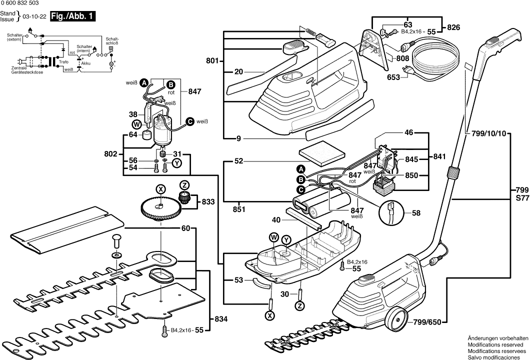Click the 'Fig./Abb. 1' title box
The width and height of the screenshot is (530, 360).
click(x=72, y=16)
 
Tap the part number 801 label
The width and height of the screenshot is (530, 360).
click(x=212, y=61)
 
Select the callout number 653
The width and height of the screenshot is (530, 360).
click(x=393, y=77)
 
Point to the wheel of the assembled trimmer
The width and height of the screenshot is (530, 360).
click(x=396, y=319)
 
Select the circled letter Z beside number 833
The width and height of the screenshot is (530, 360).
click(x=184, y=185)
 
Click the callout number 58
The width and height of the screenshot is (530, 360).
click(x=416, y=213)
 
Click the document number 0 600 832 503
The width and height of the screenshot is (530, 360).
click(x=19, y=2)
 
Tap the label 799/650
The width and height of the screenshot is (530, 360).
click(x=427, y=322)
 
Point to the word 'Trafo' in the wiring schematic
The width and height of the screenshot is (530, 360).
click(x=63, y=62)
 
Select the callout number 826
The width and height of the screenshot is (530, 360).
click(x=453, y=27)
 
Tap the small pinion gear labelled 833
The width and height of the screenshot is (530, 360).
click(x=185, y=197)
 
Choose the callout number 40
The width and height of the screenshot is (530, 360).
click(x=276, y=220)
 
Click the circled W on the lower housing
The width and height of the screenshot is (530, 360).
click(x=273, y=238)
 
